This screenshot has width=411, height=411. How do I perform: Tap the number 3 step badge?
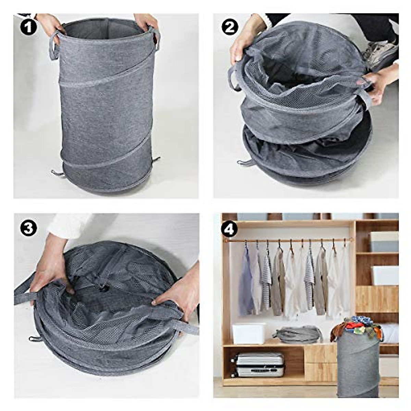pos(28,228)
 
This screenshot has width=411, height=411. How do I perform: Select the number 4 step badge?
pos(229,228)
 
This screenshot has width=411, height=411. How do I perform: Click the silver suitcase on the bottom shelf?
pos(259,364)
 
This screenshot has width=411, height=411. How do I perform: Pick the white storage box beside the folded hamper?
pos(249,333)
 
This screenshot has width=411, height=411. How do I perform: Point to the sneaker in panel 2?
pos(378,51)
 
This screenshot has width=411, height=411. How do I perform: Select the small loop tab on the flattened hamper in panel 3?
pos(35,339)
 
